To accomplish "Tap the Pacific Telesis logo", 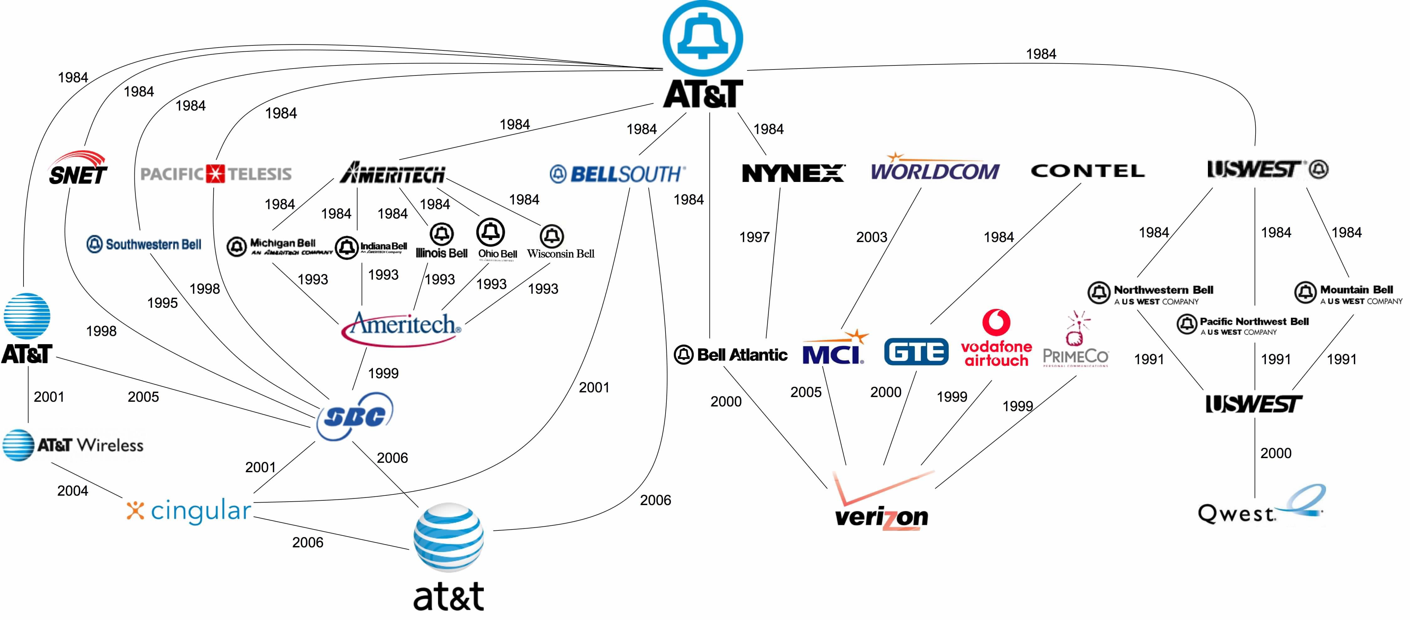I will (x=216, y=174).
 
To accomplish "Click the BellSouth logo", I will (x=617, y=174).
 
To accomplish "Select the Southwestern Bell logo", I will (x=144, y=244).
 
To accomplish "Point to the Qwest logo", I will (x=1259, y=506).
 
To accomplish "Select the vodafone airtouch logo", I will (x=996, y=339).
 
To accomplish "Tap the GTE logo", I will (x=916, y=352).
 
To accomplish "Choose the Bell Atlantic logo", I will (x=731, y=354).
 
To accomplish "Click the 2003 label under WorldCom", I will (x=871, y=237).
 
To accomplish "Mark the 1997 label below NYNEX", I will (x=754, y=237).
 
